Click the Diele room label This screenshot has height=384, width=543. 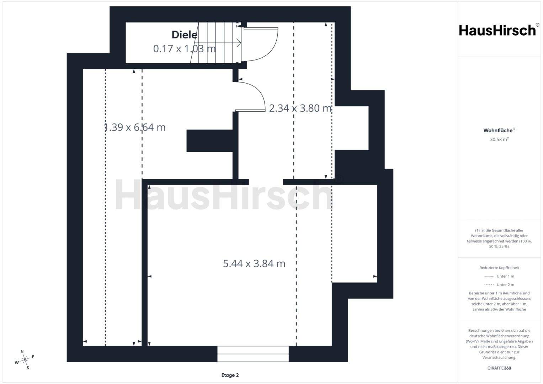click(x=185, y=35)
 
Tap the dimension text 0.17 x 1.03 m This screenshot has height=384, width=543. click(x=185, y=48)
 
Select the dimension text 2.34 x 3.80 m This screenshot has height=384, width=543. click(x=300, y=108)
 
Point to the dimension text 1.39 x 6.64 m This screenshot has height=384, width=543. click(x=134, y=127)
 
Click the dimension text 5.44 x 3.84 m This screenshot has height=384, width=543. click(x=254, y=263)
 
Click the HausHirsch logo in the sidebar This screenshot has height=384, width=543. click(x=499, y=30)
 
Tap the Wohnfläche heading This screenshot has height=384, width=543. click(x=499, y=130)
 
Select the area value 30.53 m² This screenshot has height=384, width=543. click(x=499, y=139)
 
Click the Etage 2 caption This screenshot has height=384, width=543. click(x=230, y=375)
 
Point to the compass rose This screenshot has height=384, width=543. click(x=25, y=359)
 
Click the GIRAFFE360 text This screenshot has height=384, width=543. click(x=499, y=368)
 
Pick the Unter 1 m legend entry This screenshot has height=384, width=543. click(x=499, y=276)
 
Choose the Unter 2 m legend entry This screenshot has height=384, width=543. click(x=499, y=284)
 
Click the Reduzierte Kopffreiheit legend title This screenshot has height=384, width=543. click(x=499, y=268)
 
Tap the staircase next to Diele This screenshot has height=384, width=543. click(x=216, y=43)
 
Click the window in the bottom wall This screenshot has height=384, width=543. click(x=253, y=354)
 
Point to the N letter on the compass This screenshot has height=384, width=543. click(x=22, y=352)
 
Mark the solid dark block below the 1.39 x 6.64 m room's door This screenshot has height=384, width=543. click(x=210, y=141)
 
